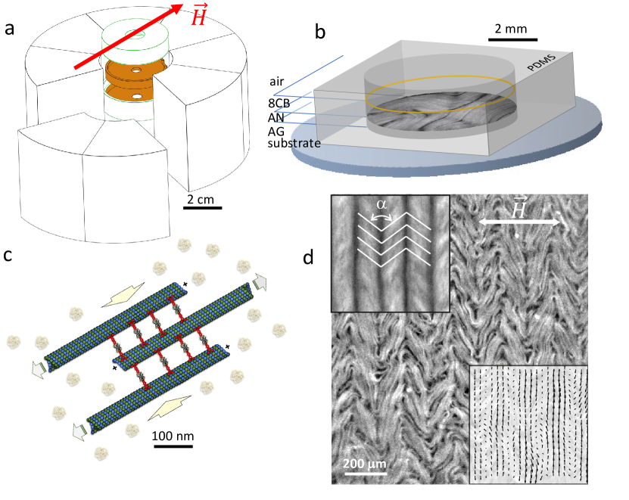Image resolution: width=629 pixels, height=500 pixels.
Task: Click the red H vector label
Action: pos(198,15)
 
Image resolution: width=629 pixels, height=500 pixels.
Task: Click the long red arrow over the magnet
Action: pos(128,37)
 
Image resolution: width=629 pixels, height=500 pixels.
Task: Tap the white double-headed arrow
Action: pos(520,222)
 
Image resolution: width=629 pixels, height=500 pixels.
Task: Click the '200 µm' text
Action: pos(366,464)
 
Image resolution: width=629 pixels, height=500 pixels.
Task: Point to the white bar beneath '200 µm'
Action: pos(367,474)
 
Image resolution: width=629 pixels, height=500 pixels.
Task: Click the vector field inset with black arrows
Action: pos(528,424)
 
